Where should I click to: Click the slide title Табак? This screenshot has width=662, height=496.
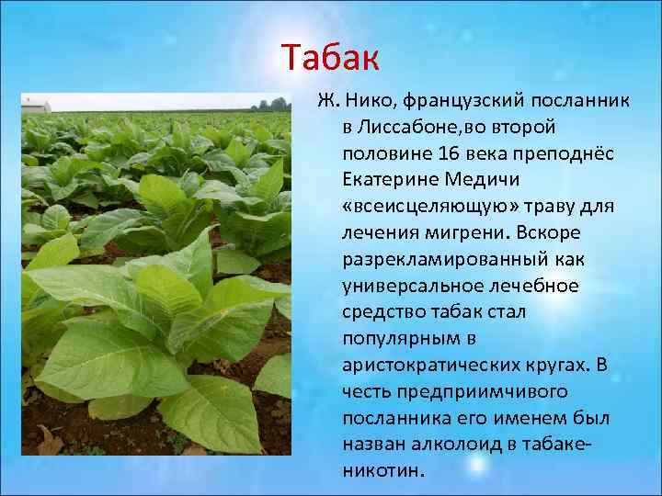(x=330, y=58)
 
